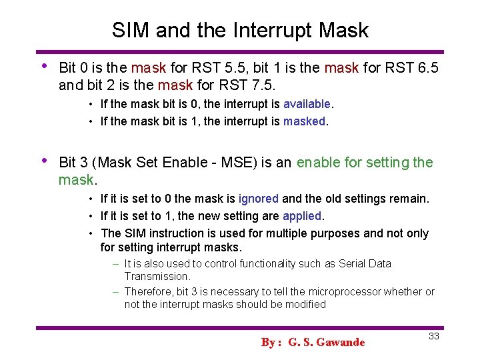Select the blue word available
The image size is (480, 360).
307,104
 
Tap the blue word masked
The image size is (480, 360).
305,121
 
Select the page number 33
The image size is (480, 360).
433,336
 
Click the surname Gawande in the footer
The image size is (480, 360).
341,343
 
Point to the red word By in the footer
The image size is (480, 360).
269,343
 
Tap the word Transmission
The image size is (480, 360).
157,276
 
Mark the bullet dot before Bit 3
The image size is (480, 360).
44,161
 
